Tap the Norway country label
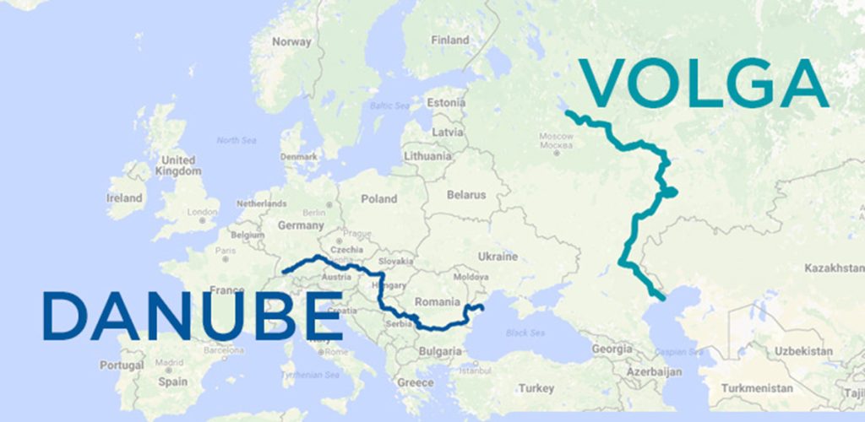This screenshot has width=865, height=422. click(x=292, y=41)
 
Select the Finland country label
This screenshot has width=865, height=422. click(x=449, y=40)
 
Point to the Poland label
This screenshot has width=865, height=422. click(x=378, y=199)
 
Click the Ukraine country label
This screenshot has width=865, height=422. click(x=497, y=257)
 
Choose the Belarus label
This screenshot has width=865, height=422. click(x=466, y=195)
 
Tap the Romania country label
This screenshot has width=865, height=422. click(x=437, y=301)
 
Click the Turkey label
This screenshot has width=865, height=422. click(x=536, y=388)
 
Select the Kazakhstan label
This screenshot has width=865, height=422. click(x=830, y=267)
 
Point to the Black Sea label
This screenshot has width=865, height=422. click(x=525, y=333)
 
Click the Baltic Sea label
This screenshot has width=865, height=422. click(x=388, y=105)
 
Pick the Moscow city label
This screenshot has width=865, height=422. click(x=556, y=136)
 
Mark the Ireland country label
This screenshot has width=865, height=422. click(x=124, y=198)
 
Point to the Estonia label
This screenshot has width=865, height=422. click(x=445, y=103)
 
